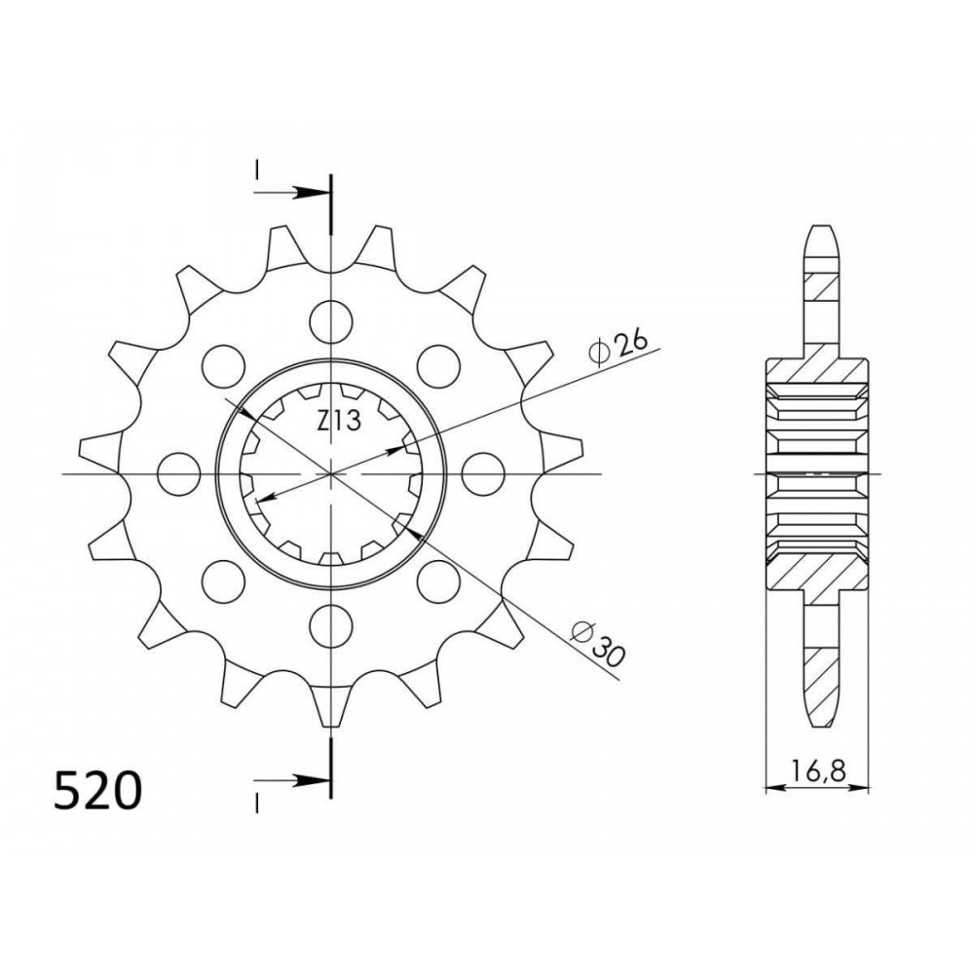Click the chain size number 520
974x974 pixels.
pyautogui.click(x=97, y=791)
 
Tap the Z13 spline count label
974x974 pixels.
pyautogui.click(x=339, y=422)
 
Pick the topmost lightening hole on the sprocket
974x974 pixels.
pyautogui.click(x=331, y=321)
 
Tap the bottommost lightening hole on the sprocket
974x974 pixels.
pyautogui.click(x=331, y=626)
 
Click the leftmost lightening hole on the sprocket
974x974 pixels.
pyautogui.click(x=179, y=474)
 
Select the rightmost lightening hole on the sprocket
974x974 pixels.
pyautogui.click(x=483, y=474)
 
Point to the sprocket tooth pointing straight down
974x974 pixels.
pyautogui.click(x=330, y=705)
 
